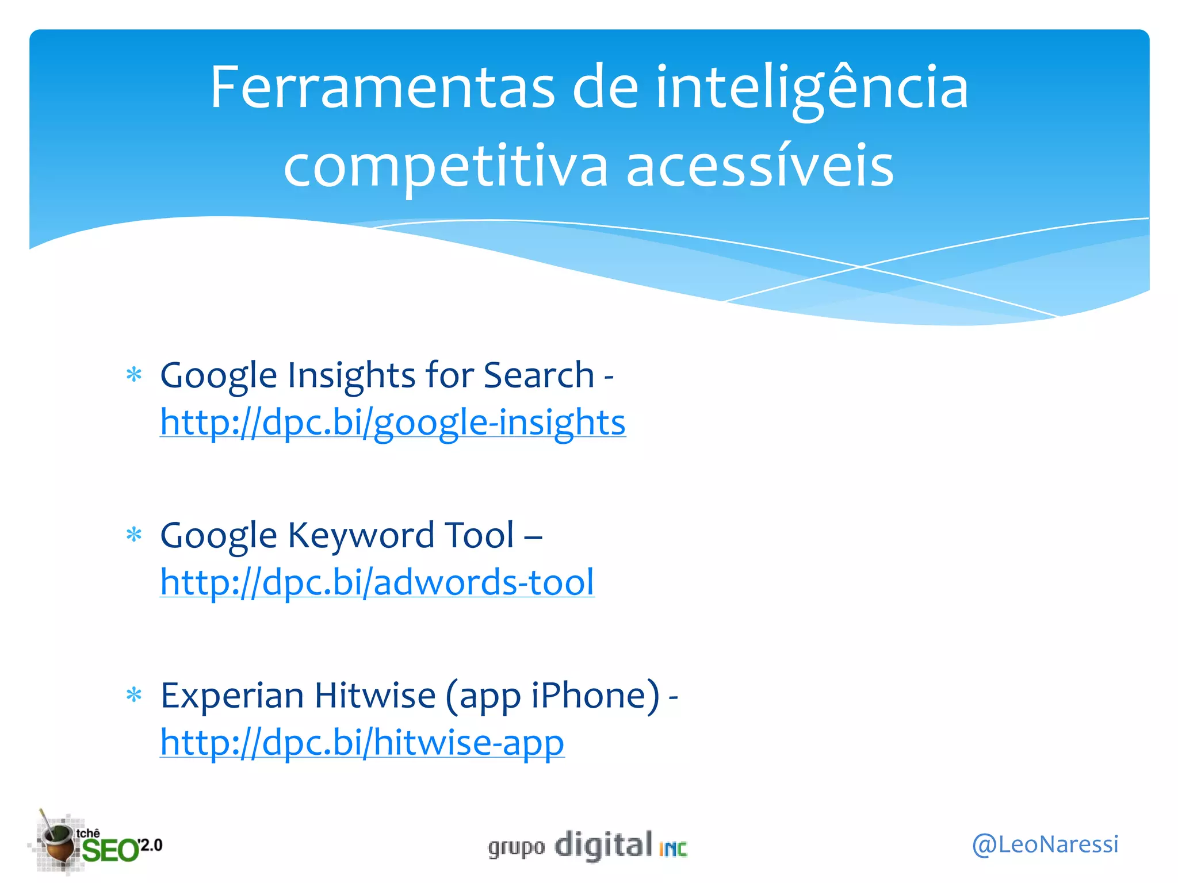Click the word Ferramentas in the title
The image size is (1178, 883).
382,88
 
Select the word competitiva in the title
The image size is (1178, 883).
445,167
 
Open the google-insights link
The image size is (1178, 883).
393,423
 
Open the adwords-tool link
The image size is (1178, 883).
377,582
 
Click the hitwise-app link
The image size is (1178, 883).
362,742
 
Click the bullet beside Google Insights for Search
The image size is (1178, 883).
134,375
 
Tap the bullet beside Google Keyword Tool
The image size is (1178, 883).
134,535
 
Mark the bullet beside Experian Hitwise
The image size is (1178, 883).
134,696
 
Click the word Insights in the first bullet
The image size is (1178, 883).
352,375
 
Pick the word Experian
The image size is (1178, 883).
232,696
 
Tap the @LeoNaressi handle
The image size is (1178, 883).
1045,844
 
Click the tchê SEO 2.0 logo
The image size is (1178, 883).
95,843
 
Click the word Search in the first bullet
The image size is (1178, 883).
538,375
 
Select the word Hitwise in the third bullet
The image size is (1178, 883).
375,696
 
